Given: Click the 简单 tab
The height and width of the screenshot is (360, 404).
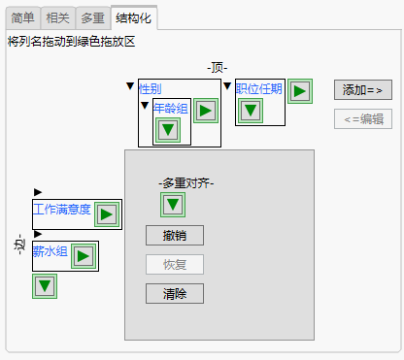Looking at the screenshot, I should pos(23,17).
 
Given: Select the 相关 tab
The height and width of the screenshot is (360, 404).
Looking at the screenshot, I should pos(57,17).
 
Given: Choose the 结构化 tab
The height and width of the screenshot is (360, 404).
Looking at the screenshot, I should pos(134,17).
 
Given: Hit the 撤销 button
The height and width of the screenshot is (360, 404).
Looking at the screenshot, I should pos(175,235).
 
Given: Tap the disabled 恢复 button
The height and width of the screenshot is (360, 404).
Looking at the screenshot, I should pos(175,264).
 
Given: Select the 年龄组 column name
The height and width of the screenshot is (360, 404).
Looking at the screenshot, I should pos(170,108).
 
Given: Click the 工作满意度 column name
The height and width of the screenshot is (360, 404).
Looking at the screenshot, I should pos(62,210).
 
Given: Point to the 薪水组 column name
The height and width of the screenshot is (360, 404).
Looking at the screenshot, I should pos(50,251).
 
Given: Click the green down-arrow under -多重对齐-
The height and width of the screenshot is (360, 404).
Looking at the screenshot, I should pos(173,205).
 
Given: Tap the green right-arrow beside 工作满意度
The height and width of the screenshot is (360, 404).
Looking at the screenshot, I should pos(107,213).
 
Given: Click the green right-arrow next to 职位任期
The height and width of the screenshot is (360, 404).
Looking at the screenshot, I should pos(299,90).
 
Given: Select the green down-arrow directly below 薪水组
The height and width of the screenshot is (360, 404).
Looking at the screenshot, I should pos(45,286).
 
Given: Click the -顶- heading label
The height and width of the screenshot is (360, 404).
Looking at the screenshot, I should pos(218,67).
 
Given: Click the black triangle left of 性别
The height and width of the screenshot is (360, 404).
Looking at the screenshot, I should pos(131,86).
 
